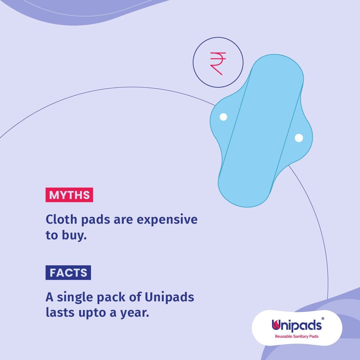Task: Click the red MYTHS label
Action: click(69, 195)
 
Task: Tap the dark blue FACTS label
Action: click(68, 273)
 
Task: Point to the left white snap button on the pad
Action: click(223, 117)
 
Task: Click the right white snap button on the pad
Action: click(299, 138)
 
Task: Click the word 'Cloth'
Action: click(61, 219)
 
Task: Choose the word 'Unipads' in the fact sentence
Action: click(169, 297)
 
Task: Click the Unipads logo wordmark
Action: click(297, 325)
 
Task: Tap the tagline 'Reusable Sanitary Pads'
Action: click(297, 336)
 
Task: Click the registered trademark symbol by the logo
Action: click(323, 319)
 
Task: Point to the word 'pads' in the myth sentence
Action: click(96, 220)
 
